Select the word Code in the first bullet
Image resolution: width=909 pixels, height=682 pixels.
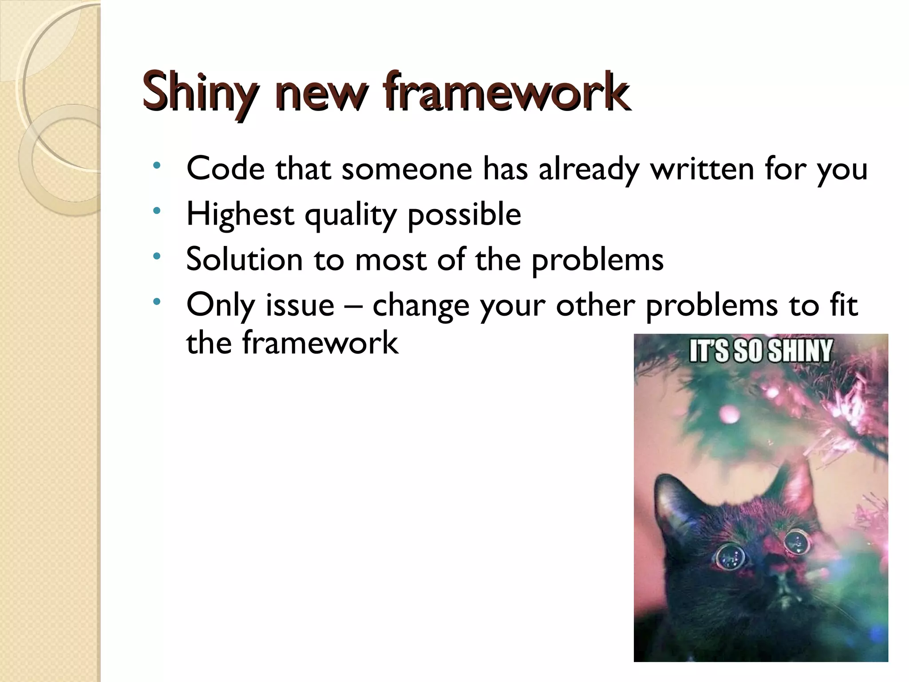225,169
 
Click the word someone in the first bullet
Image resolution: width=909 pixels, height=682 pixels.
407,170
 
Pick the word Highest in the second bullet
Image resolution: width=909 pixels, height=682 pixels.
240,215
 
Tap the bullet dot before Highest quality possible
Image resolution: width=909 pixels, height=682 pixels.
156,211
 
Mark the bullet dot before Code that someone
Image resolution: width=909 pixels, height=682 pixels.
156,166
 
